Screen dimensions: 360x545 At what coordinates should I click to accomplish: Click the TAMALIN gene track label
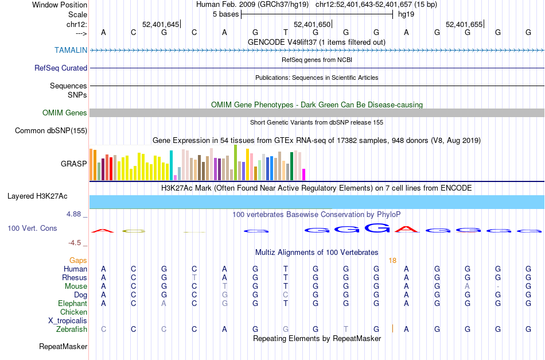(71, 50)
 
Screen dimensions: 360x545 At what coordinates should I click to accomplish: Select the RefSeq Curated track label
(61, 68)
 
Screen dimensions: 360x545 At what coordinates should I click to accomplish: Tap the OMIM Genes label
(64, 113)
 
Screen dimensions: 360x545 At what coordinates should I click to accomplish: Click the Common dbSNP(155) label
(51, 131)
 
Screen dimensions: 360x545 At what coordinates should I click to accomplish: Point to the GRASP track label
(74, 164)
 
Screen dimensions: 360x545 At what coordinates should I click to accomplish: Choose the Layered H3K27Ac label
(37, 196)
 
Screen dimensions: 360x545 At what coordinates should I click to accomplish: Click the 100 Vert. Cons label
(32, 229)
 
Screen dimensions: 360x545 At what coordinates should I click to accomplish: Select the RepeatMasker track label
(63, 347)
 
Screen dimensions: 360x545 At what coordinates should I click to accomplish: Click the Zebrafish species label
(72, 330)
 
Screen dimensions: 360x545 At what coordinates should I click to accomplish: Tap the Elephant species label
(72, 304)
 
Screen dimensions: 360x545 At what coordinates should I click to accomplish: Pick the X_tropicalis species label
(68, 321)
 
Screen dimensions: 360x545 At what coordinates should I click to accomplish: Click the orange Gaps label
(79, 261)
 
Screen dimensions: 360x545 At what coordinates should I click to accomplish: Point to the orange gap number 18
(392, 261)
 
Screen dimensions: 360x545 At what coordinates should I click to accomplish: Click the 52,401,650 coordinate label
(313, 24)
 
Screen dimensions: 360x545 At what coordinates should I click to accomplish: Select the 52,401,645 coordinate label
(161, 24)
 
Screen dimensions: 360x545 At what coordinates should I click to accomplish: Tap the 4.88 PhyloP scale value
(75, 214)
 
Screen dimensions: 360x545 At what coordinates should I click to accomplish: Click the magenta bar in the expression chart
(304, 174)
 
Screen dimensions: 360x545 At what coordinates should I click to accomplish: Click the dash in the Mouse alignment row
(498, 287)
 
